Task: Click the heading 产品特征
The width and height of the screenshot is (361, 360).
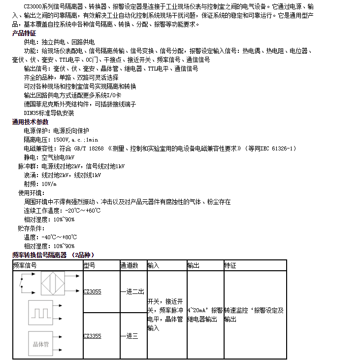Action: tap(24, 33)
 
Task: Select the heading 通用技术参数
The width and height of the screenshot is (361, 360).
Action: tap(31, 122)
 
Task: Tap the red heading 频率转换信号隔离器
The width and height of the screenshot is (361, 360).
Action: tap(39, 255)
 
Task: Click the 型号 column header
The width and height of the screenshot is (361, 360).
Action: tap(89, 265)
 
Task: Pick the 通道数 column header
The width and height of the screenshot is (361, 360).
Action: tap(129, 265)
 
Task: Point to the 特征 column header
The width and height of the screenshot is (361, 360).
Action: tap(230, 265)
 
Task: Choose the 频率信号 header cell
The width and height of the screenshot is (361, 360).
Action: tap(25, 265)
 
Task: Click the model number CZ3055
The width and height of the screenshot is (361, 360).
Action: tap(92, 291)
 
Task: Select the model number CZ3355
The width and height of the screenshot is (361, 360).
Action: tap(92, 336)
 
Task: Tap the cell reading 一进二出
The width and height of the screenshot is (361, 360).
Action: tap(132, 291)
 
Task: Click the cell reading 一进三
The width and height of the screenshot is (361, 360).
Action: tap(129, 336)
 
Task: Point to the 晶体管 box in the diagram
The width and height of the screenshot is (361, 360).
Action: tap(40, 344)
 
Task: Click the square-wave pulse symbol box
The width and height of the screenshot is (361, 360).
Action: tap(40, 313)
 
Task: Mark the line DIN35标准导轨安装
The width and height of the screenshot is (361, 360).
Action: tap(49, 113)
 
